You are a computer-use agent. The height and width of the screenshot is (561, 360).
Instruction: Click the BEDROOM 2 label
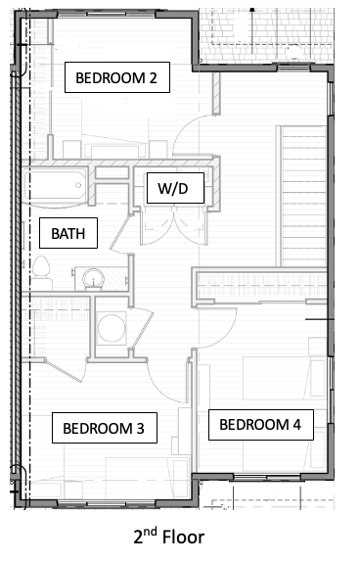116,77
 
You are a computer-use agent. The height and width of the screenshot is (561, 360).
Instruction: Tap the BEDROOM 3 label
105,428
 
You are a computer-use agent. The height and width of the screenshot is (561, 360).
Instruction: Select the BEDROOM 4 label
261,425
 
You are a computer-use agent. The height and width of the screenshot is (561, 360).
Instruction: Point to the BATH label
68,233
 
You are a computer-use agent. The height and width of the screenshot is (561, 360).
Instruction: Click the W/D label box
175,188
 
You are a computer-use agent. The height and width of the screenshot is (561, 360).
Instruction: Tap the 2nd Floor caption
169,537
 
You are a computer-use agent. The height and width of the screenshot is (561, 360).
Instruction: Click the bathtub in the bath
56,186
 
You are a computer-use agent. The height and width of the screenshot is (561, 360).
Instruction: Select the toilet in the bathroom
41,272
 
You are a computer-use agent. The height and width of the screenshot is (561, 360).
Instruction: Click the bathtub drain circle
78,185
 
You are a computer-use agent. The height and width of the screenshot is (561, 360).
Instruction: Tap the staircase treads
301,196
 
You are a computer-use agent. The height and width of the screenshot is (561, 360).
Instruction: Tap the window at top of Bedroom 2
107,15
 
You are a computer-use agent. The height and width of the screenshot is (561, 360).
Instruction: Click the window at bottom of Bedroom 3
107,504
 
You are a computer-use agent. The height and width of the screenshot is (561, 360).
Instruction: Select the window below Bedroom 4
267,477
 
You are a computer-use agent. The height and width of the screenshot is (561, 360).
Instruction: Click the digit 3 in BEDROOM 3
140,428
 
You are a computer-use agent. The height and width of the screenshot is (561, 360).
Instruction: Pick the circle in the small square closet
112,328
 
